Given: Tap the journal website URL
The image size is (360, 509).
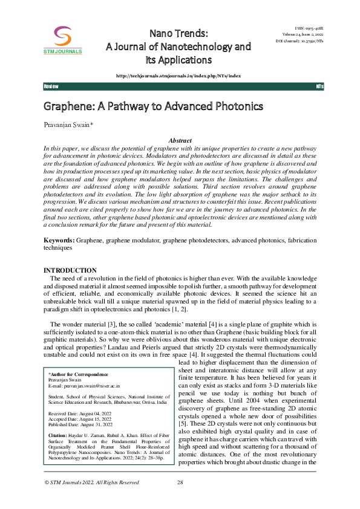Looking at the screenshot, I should tap(178, 76).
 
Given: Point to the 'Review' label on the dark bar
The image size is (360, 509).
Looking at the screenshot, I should tap(51, 87).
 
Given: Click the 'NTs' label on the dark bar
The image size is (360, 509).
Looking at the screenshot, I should tap(320, 87).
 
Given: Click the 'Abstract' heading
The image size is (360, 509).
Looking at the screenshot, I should tap(180, 140).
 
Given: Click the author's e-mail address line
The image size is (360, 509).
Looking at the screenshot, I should tap(84, 384).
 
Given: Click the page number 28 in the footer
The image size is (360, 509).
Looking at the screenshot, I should tap(180, 482).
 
